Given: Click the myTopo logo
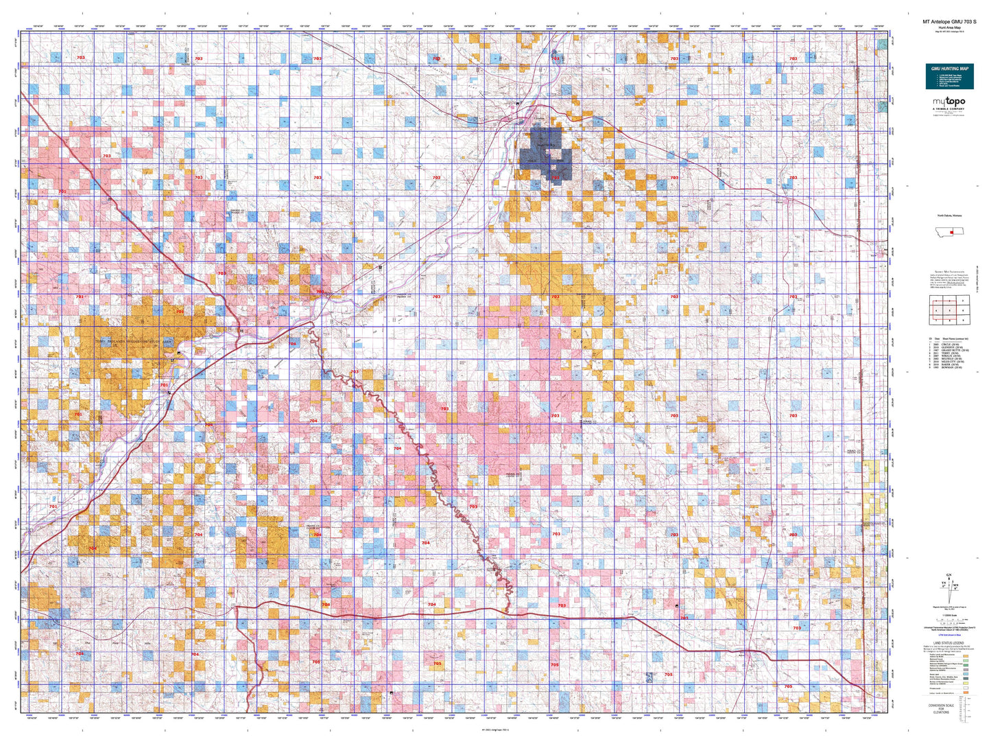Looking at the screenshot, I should coord(948,102).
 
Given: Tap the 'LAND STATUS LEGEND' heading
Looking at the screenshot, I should coord(949,643).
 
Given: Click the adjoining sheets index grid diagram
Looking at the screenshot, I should coord(949,310).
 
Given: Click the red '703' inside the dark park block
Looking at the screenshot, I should coord(556,178).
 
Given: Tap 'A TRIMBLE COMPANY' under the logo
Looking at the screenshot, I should coord(948,108).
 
